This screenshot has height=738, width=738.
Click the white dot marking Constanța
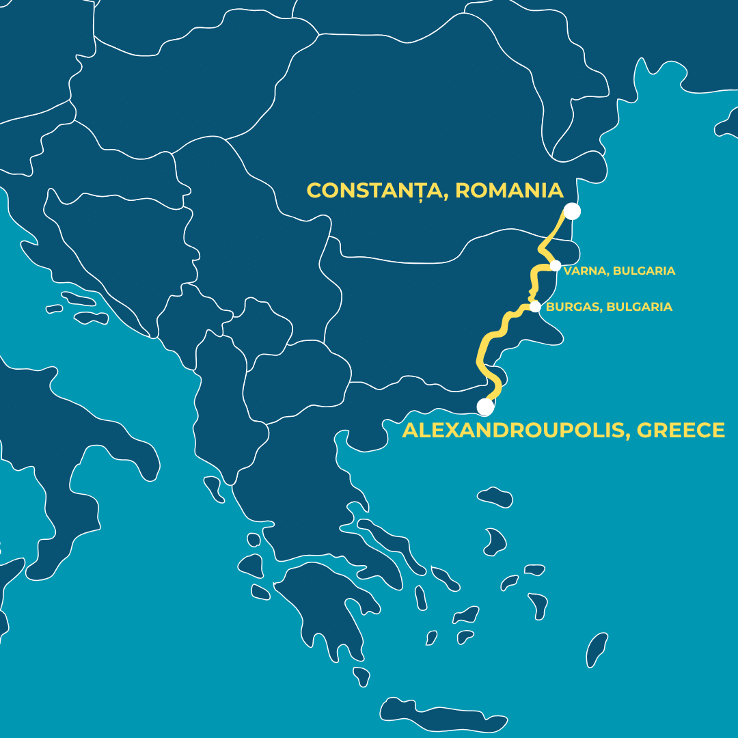click(573, 212)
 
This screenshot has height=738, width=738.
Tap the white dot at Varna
click(556, 265)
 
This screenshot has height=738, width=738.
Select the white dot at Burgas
click(535, 307)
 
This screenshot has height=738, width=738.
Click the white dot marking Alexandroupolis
click(485, 407)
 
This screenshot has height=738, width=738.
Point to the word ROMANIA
click(509, 191)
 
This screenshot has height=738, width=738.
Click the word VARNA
click(585, 271)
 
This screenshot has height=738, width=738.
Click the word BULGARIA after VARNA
click(644, 271)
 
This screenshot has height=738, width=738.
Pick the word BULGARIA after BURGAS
click(640, 307)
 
